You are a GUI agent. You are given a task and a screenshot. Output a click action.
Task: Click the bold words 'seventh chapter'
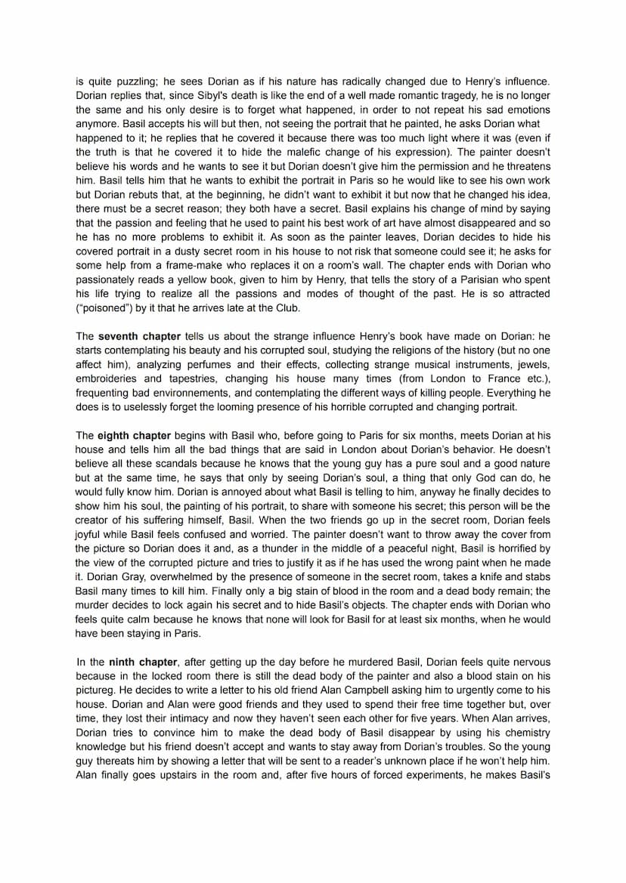[140, 336]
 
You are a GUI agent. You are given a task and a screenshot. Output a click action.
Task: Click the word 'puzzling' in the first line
[129, 81]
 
